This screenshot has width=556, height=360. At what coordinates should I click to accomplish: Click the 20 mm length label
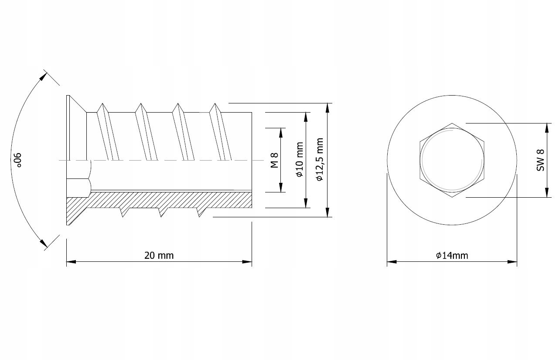tap(159, 255)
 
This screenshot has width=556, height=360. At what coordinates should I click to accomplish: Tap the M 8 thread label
tap(274, 160)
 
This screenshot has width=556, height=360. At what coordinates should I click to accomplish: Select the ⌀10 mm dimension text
tap(300, 159)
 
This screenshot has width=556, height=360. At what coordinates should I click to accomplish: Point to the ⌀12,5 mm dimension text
tap(320, 159)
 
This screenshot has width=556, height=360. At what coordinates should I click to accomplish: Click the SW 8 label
tap(540, 160)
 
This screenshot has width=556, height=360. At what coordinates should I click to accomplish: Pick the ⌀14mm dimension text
tap(452, 255)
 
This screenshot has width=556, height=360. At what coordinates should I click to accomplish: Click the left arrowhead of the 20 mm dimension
tap(71, 262)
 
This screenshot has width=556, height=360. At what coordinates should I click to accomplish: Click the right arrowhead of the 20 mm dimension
tap(247, 262)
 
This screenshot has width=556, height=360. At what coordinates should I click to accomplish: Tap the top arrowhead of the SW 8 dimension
tap(546, 128)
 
